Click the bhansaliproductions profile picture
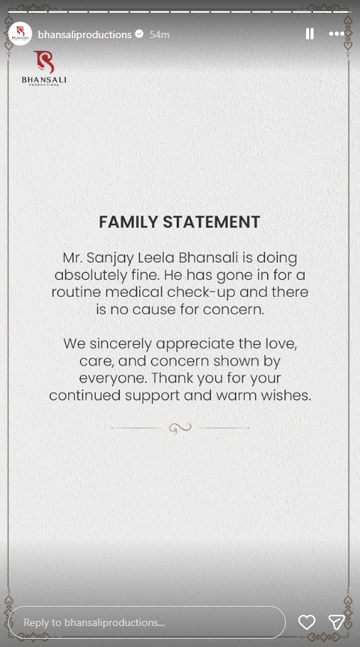tap(19, 34)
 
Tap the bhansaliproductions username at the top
tap(85, 34)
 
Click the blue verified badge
tap(138, 34)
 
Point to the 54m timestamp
tap(159, 34)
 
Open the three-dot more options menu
tap(337, 34)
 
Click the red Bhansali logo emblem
tap(44, 63)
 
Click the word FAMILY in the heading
tap(127, 222)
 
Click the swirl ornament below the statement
tap(180, 428)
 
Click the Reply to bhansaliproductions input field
tap(146, 622)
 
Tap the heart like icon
tap(306, 622)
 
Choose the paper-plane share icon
tap(337, 622)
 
